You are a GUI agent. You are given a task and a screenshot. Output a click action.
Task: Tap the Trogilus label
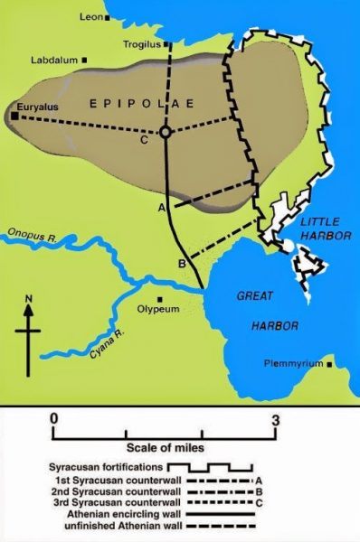(141, 43)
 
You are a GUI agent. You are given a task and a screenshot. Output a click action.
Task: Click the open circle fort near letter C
(165, 133)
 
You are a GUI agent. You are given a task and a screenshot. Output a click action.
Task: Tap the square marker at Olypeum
(160, 300)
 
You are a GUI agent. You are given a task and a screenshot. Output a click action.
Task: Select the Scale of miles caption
(164, 447)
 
